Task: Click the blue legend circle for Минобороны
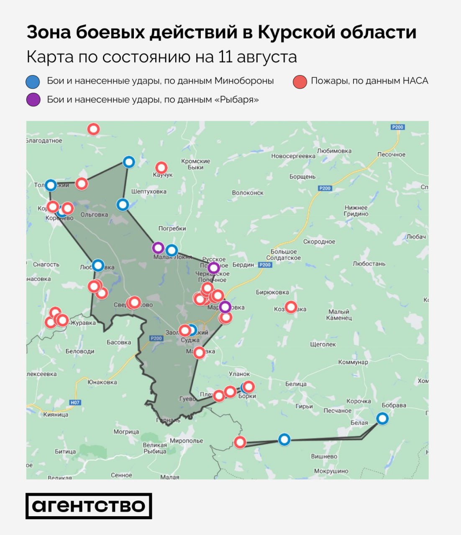point(33,82)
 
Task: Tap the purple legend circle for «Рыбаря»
point(33,100)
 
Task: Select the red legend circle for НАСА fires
point(300,82)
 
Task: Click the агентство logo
point(89,506)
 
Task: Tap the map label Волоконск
point(248,193)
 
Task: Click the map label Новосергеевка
point(293,156)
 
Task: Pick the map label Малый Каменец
point(339,315)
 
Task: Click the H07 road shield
point(75,403)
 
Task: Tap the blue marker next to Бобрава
point(382,418)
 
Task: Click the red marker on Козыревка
point(291,307)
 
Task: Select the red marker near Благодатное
point(93,129)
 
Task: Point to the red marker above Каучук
point(161,168)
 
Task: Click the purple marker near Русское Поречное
point(214,267)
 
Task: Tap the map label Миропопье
point(186,441)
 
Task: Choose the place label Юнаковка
point(102,382)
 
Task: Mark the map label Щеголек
point(323,344)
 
